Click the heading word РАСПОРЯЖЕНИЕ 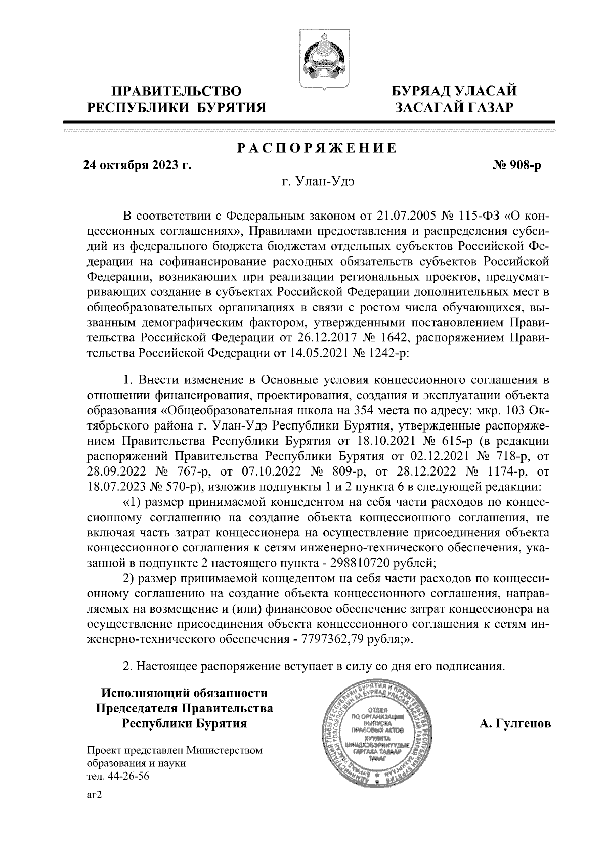(x=317, y=148)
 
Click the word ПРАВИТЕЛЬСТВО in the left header (x=177, y=92)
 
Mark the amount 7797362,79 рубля (x=352, y=639)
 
